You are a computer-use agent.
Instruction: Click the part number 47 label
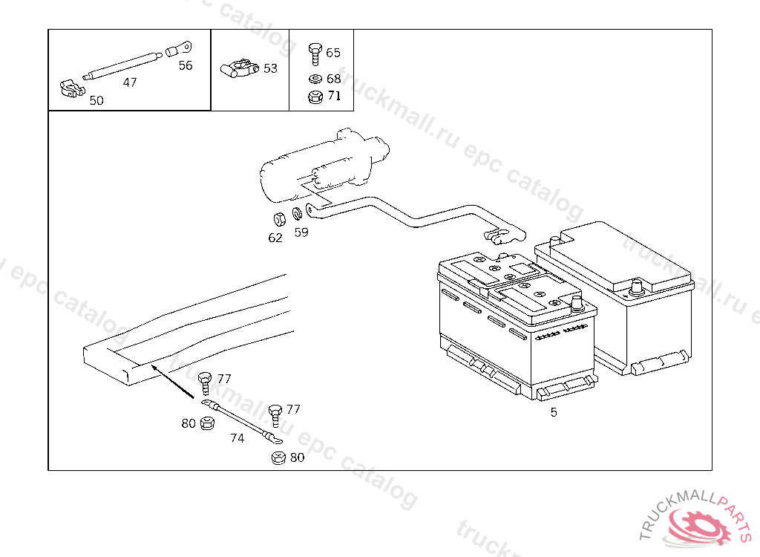click(130, 82)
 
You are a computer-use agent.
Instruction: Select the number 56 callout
click(186, 65)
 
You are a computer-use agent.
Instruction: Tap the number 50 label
click(96, 101)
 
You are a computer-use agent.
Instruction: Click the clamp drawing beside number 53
click(238, 68)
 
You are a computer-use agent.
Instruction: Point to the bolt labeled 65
click(315, 52)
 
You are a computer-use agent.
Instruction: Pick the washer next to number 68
click(315, 79)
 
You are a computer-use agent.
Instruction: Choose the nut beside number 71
click(315, 96)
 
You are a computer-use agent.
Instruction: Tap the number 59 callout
click(301, 232)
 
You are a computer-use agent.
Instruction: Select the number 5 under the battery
click(554, 412)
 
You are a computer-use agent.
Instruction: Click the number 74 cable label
click(237, 438)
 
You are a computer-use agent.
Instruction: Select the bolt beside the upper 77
click(206, 382)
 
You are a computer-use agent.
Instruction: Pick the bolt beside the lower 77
click(275, 412)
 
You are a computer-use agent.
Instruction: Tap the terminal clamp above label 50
click(71, 90)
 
